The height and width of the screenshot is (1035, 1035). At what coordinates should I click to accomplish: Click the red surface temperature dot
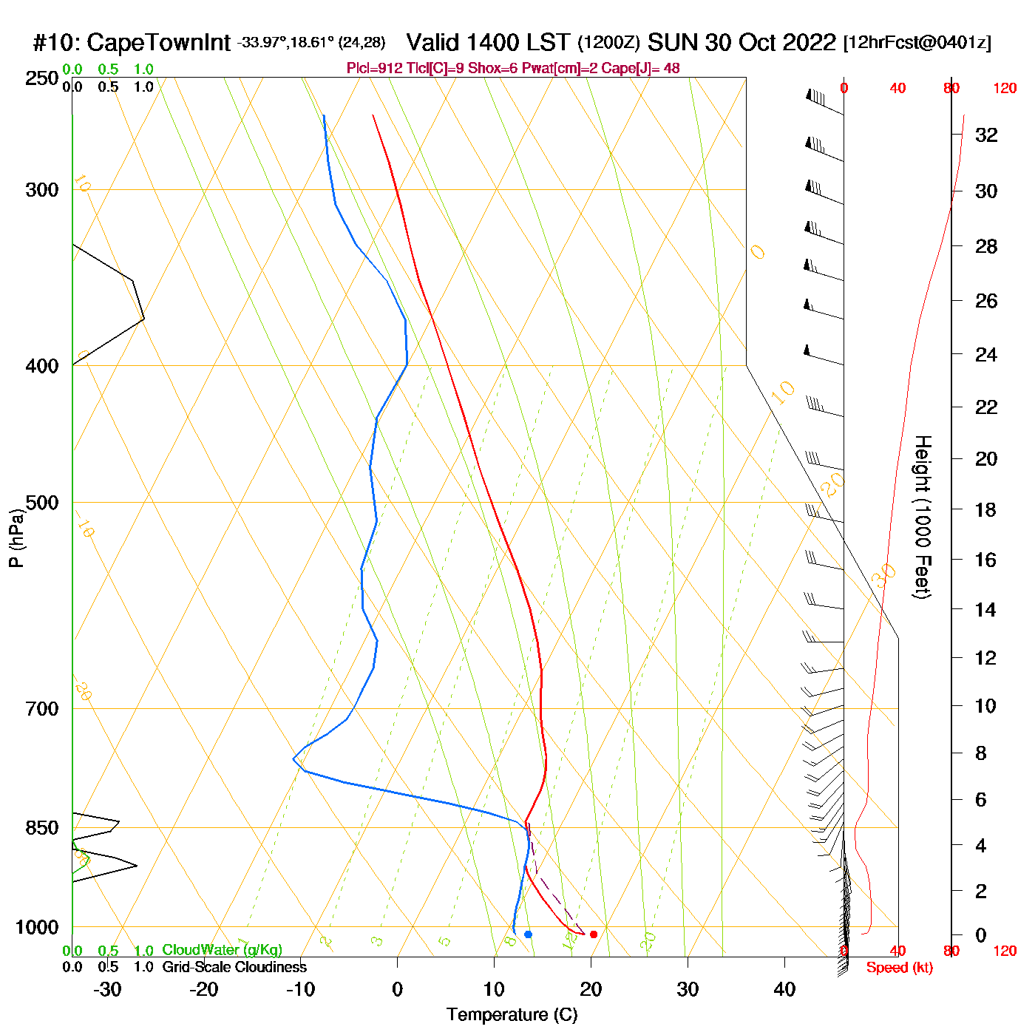[593, 934]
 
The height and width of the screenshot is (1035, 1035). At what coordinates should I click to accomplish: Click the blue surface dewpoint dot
[528, 934]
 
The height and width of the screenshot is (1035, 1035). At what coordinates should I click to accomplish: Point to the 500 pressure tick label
[42, 503]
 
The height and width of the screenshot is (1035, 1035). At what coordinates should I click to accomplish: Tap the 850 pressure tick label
[42, 828]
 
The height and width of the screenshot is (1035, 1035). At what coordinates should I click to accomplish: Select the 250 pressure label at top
[42, 78]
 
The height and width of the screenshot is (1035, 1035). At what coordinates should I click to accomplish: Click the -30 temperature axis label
[107, 989]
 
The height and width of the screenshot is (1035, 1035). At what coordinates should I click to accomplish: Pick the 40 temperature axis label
[784, 989]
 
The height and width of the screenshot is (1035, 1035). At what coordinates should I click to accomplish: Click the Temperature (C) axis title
[512, 1015]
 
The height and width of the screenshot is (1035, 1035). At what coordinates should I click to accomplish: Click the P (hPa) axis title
[16, 538]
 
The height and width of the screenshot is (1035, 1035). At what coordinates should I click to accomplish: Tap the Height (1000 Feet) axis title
[922, 517]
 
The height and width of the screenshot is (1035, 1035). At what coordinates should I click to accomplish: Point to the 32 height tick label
[986, 135]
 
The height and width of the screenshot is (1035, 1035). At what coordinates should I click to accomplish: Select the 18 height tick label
[985, 509]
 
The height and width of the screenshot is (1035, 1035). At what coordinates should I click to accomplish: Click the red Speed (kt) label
[899, 968]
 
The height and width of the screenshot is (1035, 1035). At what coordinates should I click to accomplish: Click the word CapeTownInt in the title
[158, 43]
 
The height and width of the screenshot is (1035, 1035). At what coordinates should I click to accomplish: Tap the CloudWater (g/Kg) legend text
[222, 950]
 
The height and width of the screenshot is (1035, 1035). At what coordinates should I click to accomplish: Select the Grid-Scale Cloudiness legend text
[234, 967]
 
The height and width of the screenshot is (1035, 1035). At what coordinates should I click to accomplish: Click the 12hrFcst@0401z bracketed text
[917, 43]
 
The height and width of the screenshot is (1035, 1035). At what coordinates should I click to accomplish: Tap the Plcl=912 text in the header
[375, 69]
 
